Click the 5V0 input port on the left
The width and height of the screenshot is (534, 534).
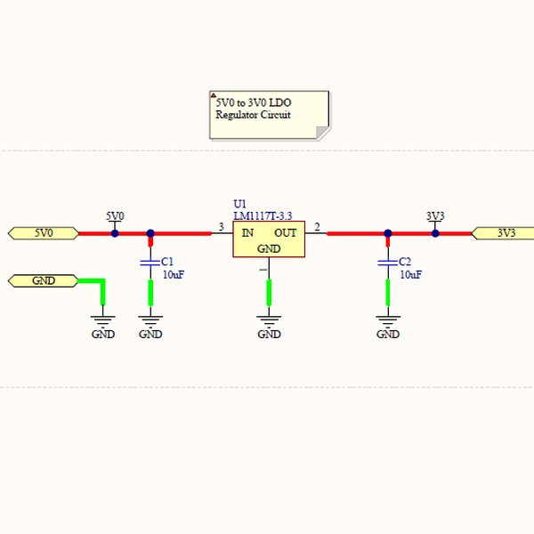tap(43, 233)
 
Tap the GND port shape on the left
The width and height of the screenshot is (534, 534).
tap(43, 280)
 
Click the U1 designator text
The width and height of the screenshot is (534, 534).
tap(239, 205)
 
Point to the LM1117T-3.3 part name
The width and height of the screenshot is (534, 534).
tap(263, 216)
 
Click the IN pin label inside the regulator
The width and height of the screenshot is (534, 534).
tap(247, 233)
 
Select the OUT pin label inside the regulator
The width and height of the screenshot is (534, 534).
tap(286, 233)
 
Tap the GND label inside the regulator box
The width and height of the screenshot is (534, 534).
tap(269, 248)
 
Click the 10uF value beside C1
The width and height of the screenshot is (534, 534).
tap(173, 275)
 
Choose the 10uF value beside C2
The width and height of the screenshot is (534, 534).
tap(410, 275)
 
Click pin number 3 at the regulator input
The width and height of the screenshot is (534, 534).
tap(221, 227)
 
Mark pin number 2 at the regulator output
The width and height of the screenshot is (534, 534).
tap(318, 227)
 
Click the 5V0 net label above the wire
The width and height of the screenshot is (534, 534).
tap(115, 216)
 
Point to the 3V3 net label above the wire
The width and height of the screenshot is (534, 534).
tap(435, 216)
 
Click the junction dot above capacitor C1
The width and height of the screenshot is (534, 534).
tap(150, 233)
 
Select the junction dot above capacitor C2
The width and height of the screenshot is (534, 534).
tap(387, 233)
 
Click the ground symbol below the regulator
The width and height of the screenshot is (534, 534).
tap(269, 318)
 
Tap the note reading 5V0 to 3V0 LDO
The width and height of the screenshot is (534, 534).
tap(269, 114)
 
